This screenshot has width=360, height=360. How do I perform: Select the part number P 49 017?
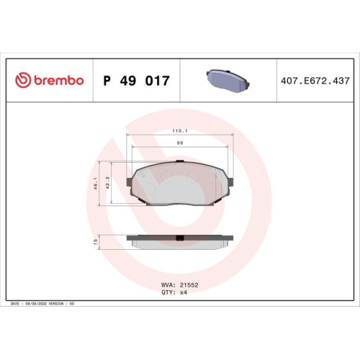[x=137, y=81]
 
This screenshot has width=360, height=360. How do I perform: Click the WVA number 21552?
[x=189, y=284]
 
